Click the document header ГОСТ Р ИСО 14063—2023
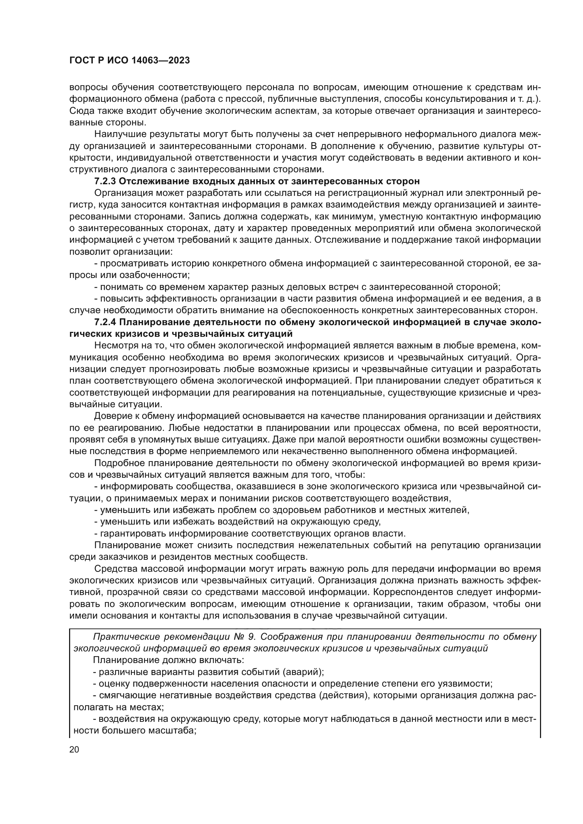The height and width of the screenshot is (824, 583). [x=129, y=61]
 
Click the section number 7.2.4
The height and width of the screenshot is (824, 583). [x=105, y=322]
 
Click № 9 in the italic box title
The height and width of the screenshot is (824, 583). [x=244, y=637]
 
